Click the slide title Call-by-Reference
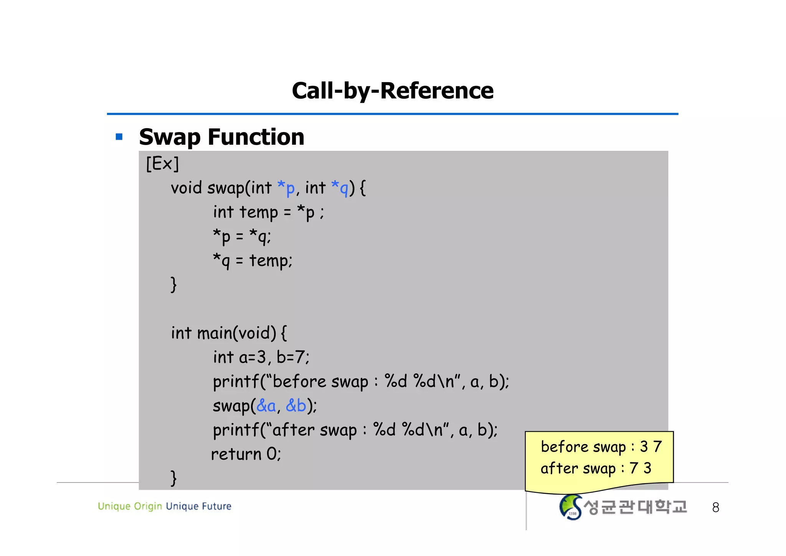393,91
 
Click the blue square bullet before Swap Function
119,137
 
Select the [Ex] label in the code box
162,164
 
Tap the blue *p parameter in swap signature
286,188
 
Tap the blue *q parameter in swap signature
339,188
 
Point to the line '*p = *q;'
242,237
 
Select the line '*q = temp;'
253,261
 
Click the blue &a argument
266,406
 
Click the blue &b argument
296,406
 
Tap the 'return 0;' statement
246,454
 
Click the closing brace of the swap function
173,285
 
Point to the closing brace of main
173,478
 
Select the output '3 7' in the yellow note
651,447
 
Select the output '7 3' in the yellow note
640,468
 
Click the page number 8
715,508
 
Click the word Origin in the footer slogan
148,507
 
